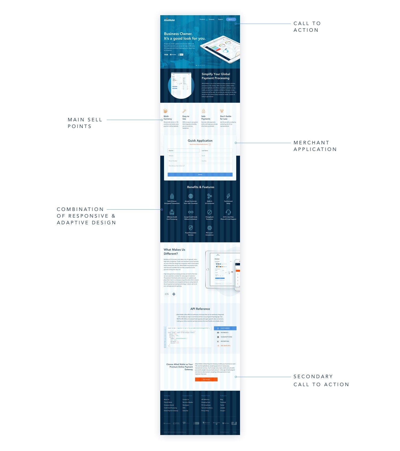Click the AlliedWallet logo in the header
coord(169,20)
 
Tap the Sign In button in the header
coord(231,19)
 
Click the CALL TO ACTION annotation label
coord(307,27)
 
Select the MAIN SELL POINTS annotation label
coord(85,123)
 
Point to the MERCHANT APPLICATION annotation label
coord(315,146)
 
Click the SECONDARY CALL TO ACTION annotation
coord(321,380)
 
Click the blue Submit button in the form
coord(200,174)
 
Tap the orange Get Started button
coord(206,379)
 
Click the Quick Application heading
coord(200,141)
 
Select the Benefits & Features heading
coord(201,187)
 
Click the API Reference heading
coord(200,309)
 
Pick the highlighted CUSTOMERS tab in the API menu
coord(225,328)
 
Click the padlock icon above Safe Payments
coord(203,111)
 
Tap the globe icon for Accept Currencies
coord(191,196)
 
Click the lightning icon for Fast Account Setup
coord(228,196)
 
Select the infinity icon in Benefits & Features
coord(191,212)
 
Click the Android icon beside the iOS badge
coord(174,294)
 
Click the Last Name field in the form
coord(217,151)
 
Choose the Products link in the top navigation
coord(202,19)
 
